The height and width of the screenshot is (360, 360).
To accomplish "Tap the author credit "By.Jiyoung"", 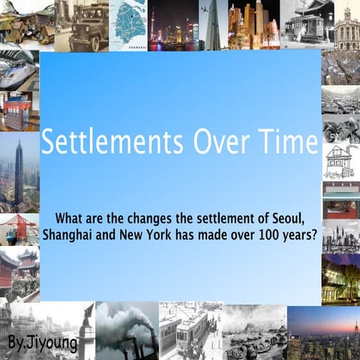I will (36, 343).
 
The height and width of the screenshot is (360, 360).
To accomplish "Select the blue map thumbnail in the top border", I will (128, 24).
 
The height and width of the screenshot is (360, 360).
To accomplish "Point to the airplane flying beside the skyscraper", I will (203, 10).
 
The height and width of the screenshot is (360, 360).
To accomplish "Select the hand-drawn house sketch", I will (340, 161).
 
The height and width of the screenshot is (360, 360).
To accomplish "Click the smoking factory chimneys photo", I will (126, 330).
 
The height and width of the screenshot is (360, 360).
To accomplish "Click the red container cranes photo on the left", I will (19, 229).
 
